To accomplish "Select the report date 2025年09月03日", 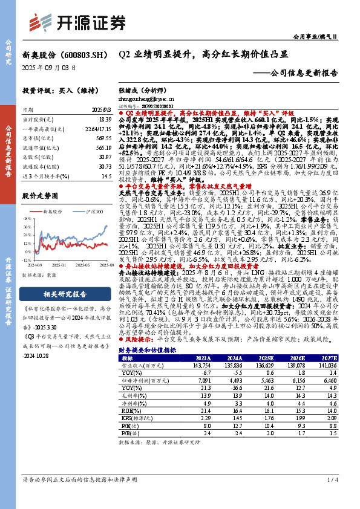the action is (50, 68).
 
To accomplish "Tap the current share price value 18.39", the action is (104, 121).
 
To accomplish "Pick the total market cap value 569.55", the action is (103, 138).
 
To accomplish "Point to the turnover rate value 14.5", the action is (106, 176).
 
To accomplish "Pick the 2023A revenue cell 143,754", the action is (202, 366).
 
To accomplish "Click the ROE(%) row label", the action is (130, 409).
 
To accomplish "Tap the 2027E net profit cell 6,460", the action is (329, 380).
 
